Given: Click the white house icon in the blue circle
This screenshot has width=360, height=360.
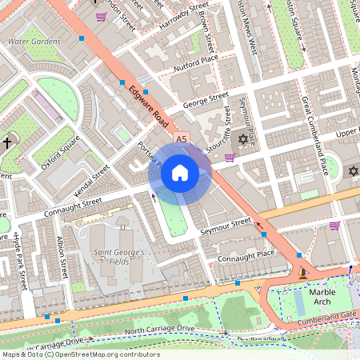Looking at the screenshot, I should pyautogui.click(x=180, y=172).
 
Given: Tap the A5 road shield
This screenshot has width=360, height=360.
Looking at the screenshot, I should pyautogui.click(x=181, y=139).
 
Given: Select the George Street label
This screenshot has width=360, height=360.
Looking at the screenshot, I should pyautogui.click(x=206, y=101).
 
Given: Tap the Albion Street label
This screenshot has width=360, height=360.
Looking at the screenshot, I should pyautogui.click(x=62, y=256).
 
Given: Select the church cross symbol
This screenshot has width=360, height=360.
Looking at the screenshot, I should pyautogui.click(x=8, y=143).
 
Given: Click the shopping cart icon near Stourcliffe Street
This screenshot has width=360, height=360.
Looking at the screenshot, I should pyautogui.click(x=230, y=157).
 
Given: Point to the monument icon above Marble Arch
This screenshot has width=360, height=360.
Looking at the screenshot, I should pyautogui.click(x=302, y=274).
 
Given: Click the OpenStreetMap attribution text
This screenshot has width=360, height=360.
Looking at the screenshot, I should pyautogui.click(x=80, y=354).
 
